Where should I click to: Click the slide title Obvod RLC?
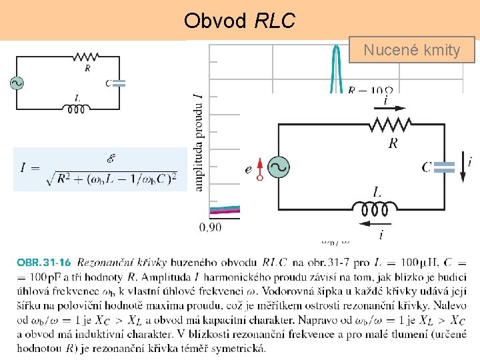tap(239, 21)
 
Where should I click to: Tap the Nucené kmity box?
tap(411, 50)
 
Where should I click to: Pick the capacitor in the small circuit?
tap(119, 83)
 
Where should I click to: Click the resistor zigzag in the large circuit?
tap(392, 124)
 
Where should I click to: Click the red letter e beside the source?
tap(249, 170)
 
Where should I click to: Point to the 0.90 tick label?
tap(210, 227)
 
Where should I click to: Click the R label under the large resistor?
tap(394, 143)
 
